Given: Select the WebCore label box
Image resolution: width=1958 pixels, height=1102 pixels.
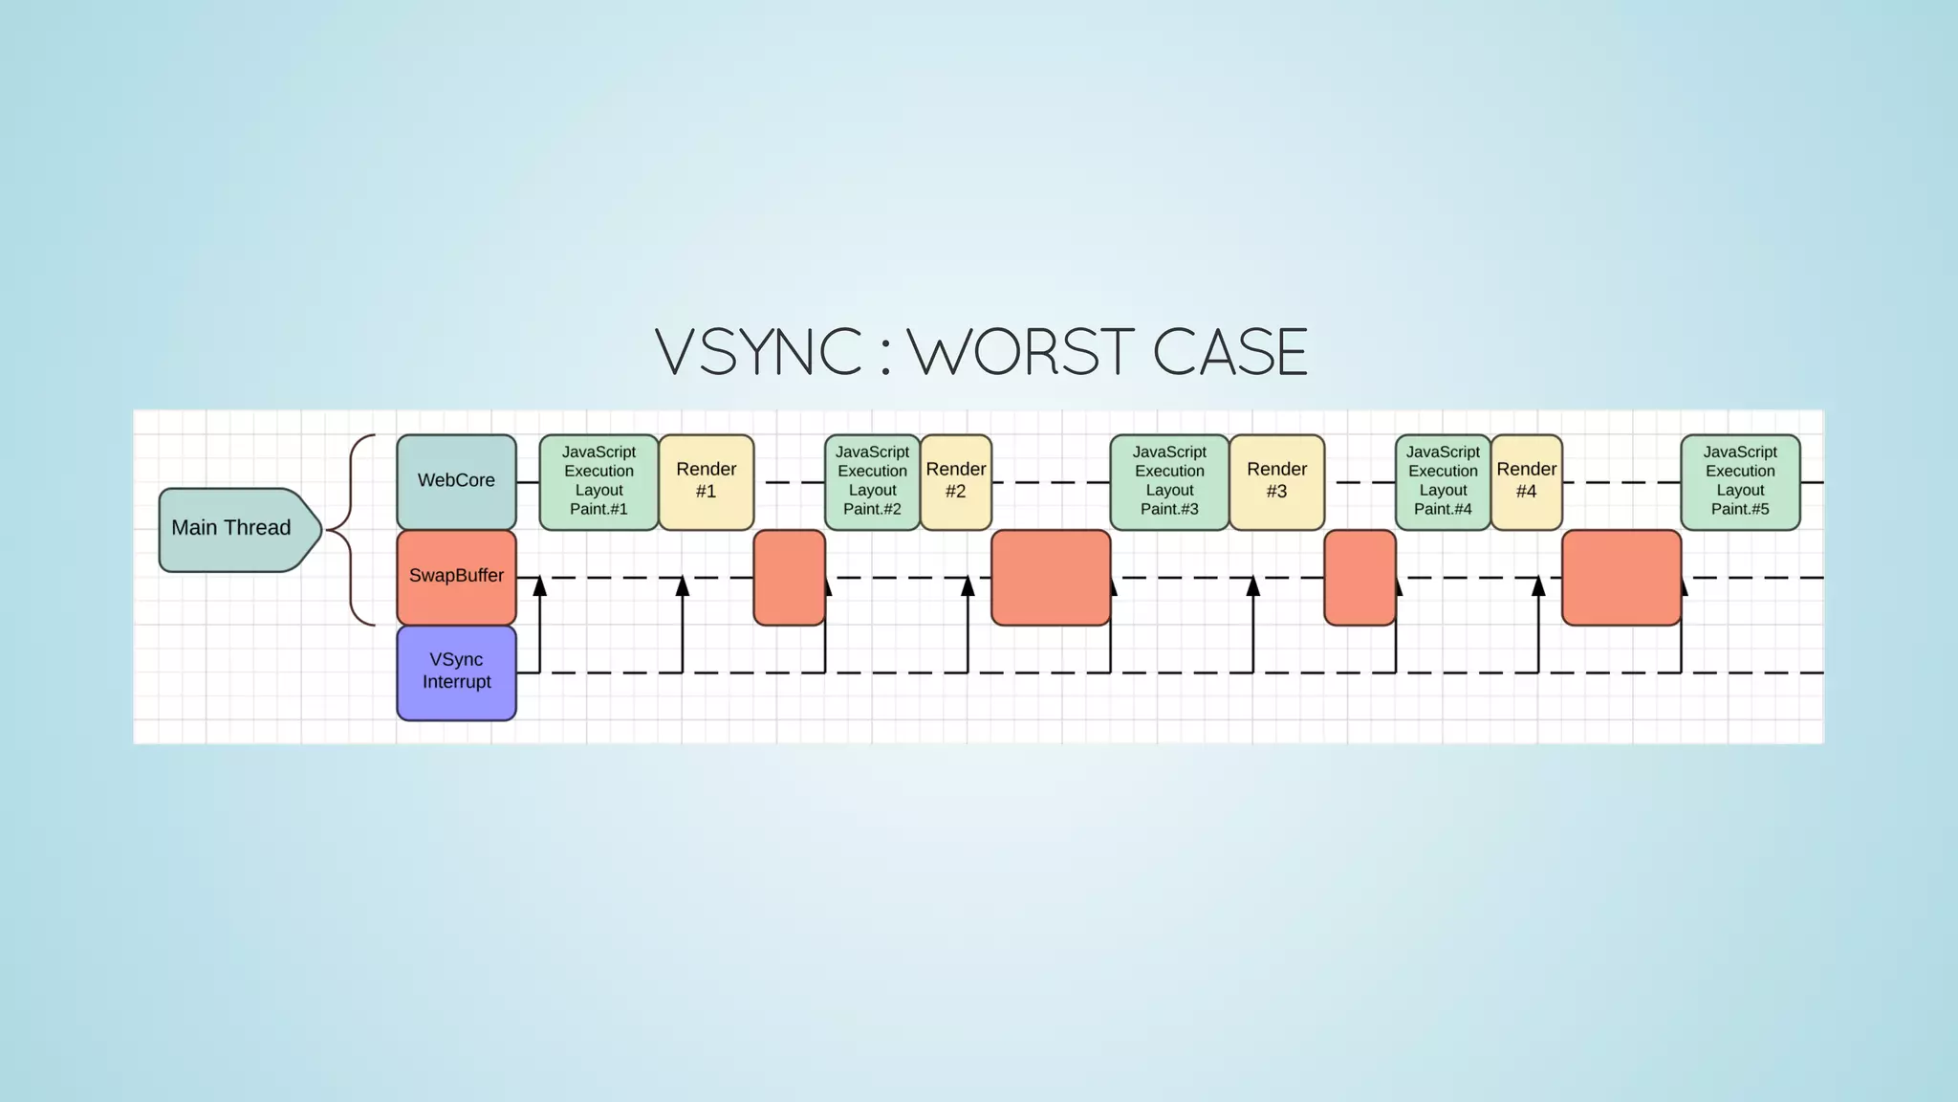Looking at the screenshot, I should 456,481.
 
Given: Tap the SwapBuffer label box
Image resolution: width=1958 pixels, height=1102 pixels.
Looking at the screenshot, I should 456,577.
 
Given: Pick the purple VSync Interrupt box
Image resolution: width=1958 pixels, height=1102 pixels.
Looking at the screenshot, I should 456,672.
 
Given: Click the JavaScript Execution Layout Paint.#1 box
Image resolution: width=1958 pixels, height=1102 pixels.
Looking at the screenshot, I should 598,481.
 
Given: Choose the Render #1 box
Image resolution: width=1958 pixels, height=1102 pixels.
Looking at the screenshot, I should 706,481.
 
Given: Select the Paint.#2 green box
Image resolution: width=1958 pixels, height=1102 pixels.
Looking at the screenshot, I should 872,481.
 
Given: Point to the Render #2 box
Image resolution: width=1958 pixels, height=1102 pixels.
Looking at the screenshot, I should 955,481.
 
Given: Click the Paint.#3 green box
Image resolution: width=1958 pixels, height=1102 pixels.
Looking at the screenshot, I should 1168,481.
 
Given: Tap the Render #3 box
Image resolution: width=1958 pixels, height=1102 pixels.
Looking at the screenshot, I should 1276,481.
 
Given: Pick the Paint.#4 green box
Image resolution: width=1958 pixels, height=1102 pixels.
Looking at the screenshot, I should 1443,481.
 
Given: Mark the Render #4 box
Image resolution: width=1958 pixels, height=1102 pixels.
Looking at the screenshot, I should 1526,481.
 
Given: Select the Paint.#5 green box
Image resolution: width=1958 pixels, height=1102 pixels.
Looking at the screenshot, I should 1740,481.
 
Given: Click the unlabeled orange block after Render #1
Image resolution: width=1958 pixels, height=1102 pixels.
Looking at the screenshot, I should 789,577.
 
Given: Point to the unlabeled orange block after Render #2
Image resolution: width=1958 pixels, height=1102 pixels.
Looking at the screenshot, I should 1051,577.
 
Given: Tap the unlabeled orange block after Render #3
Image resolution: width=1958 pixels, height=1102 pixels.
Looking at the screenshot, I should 1360,577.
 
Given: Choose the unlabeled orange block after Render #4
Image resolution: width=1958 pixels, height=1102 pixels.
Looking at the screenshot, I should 1621,577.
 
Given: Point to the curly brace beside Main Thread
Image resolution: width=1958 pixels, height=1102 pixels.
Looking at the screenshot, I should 352,529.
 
